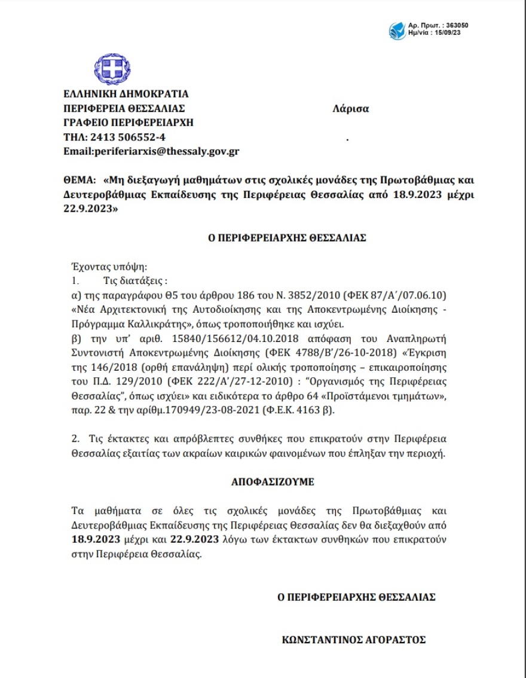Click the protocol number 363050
pos(456,26)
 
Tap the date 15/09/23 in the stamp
pos(448,33)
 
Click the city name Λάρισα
pos(351,109)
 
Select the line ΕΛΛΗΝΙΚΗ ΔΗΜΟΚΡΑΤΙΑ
pos(126,94)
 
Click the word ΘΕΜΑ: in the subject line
pos(79,179)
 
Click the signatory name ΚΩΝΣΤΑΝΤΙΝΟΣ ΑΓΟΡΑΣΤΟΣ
pos(353,640)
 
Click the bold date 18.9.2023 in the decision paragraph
pos(95,540)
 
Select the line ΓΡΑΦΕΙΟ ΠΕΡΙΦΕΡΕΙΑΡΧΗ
pos(129,123)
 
